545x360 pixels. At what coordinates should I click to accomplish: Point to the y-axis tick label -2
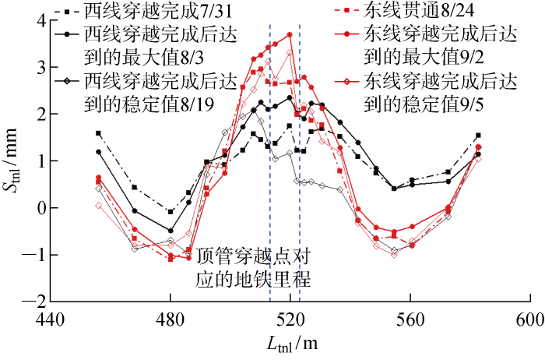(33, 301)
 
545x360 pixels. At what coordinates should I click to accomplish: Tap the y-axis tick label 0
(37, 208)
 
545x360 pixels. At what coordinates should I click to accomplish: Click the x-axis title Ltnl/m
(290, 344)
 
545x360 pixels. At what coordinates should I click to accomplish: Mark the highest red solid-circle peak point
(290, 34)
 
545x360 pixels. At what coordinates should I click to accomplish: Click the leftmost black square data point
(98, 133)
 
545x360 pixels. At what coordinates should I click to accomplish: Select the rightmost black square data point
(478, 136)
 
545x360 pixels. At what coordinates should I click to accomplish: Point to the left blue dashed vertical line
(270, 156)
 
